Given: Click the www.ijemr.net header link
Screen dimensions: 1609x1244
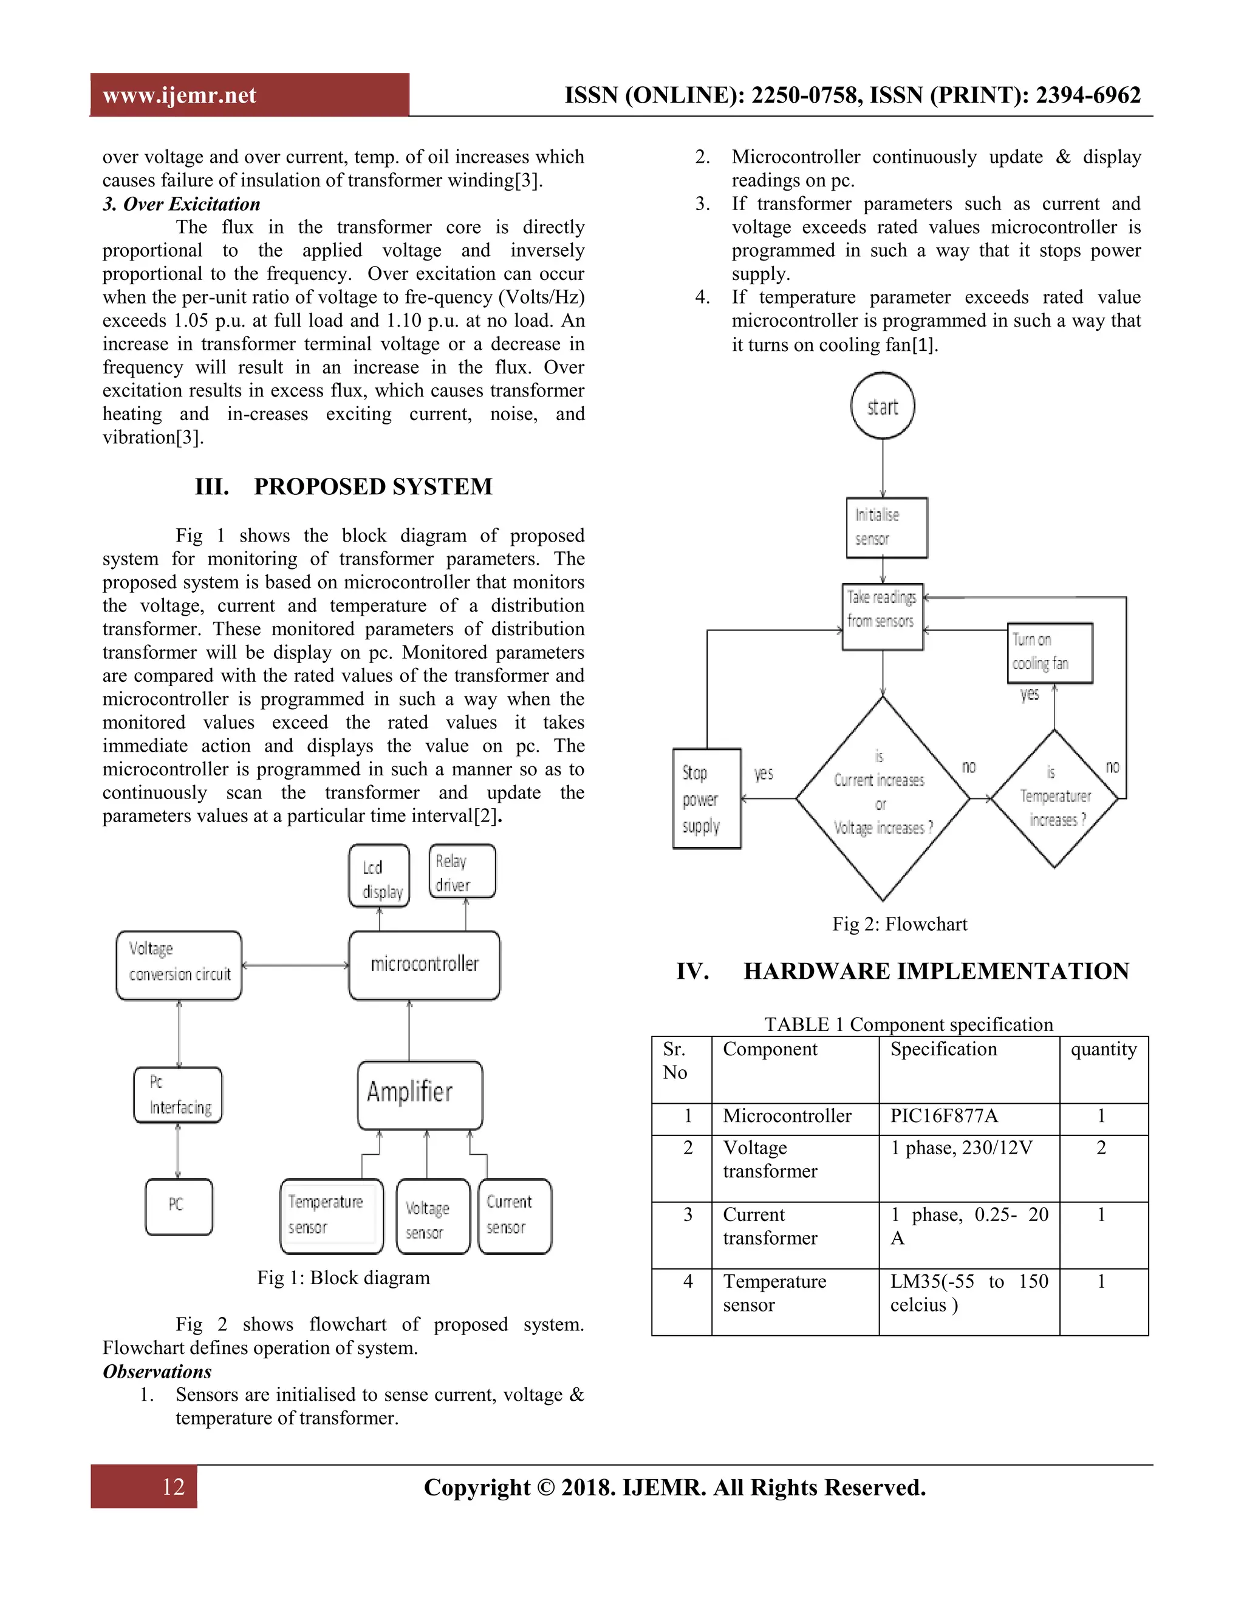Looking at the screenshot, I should click(179, 95).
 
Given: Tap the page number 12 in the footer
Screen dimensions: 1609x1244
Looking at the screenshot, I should click(173, 1487).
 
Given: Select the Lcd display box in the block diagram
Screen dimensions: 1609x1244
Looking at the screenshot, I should click(379, 876).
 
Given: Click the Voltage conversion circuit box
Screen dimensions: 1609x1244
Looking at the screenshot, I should click(179, 965).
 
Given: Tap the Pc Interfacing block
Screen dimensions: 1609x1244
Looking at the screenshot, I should click(177, 1095).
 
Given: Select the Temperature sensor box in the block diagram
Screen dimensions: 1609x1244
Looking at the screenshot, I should click(332, 1216).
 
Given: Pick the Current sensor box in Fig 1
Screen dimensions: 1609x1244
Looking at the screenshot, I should click(514, 1216).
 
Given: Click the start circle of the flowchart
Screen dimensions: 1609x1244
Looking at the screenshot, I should click(882, 407).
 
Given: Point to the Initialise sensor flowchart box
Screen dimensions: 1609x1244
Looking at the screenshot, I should click(887, 528).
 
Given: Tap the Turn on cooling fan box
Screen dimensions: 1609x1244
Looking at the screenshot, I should click(1050, 653).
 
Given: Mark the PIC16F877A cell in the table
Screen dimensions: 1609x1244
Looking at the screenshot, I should click(944, 1116).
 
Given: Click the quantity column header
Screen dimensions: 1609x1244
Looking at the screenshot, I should click(1103, 1050).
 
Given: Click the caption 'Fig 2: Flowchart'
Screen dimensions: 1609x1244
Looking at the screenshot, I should click(899, 924).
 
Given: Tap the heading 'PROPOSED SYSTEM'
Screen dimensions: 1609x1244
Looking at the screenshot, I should click(373, 487).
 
